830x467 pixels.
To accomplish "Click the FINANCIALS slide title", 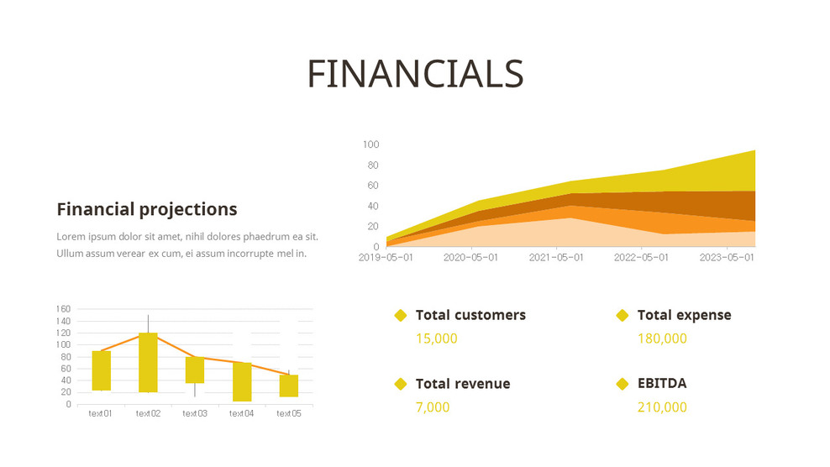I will (415, 74).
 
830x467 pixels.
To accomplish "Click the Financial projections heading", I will (147, 209).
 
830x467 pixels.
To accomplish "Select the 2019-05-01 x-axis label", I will (386, 258).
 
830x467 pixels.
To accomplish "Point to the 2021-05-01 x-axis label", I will (556, 258).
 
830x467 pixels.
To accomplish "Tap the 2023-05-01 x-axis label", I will (727, 258).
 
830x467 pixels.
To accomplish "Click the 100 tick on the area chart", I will (370, 144).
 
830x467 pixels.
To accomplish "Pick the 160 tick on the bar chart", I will (63, 309).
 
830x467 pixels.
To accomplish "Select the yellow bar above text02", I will (148, 362).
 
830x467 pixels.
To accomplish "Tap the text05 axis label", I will (289, 413).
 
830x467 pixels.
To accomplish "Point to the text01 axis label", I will (101, 413).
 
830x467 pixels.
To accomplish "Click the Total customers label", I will (470, 315).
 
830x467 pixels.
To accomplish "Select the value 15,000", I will (437, 338).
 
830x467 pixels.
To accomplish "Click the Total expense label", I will (684, 315).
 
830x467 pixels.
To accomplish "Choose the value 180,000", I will (662, 338).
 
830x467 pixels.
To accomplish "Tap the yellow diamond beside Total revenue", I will (401, 384).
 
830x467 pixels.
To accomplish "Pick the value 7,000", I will (433, 407).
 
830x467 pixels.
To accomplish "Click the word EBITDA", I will (662, 384).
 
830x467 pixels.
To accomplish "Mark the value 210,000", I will (662, 407).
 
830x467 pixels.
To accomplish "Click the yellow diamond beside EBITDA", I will (622, 384).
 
